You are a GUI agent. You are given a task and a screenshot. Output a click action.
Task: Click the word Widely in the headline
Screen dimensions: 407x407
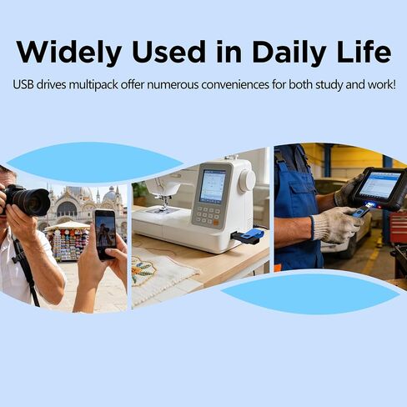69,53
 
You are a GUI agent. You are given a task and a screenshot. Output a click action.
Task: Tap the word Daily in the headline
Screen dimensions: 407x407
289,53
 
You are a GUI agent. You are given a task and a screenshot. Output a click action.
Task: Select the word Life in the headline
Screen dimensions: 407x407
364,52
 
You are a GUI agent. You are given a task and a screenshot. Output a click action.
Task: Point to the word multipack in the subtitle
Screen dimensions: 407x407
93,85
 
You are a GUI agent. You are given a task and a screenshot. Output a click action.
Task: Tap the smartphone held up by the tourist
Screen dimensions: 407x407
105,234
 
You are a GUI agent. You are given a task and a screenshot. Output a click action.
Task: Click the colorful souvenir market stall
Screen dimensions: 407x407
68,241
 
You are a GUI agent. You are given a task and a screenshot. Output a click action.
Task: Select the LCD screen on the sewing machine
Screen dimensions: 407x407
213,185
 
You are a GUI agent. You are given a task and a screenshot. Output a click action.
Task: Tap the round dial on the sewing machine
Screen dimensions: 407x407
247,181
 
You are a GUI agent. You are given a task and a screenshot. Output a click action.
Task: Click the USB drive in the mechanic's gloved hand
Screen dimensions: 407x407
362,210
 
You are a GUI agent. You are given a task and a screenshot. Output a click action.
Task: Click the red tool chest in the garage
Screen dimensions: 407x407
398,226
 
